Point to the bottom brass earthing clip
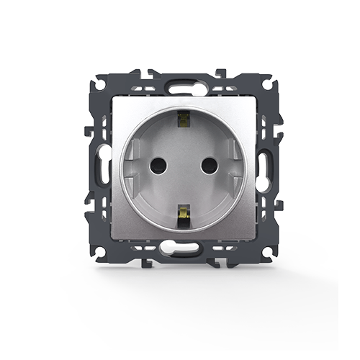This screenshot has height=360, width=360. click(x=182, y=213)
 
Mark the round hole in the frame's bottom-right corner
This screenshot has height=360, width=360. click(x=267, y=251)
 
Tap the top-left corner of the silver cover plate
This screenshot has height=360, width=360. click(x=112, y=98)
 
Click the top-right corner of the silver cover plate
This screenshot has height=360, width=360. click(x=253, y=98)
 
